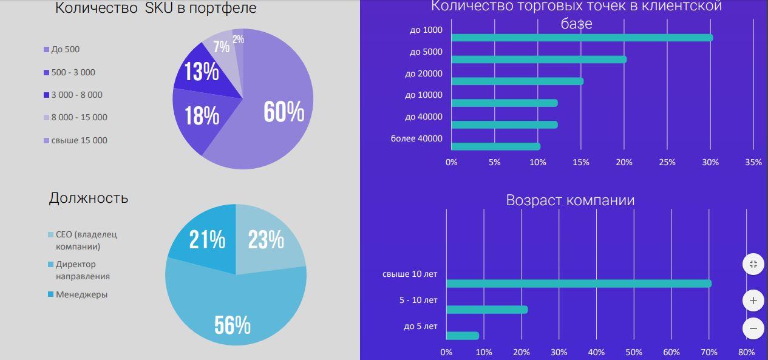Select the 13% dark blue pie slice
point(201,72)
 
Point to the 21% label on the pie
point(206,240)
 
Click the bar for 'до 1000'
point(582,38)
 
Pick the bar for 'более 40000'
point(495,146)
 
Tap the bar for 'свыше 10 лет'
point(578,284)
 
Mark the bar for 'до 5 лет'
point(462,336)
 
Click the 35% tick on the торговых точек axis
point(753,162)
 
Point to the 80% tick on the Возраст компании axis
point(746,352)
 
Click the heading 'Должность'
point(89,198)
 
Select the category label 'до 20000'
point(424,73)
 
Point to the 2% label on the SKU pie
point(238,39)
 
